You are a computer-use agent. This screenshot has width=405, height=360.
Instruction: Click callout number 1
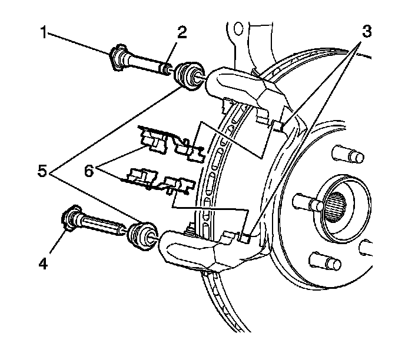coord(43,33)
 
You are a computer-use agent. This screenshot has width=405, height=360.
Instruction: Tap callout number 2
coord(182,33)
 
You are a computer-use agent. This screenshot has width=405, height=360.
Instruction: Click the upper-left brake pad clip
coord(154,140)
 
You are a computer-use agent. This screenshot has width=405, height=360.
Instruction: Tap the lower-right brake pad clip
coord(175,185)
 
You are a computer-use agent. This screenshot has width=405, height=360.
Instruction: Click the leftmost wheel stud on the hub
coord(302,201)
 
